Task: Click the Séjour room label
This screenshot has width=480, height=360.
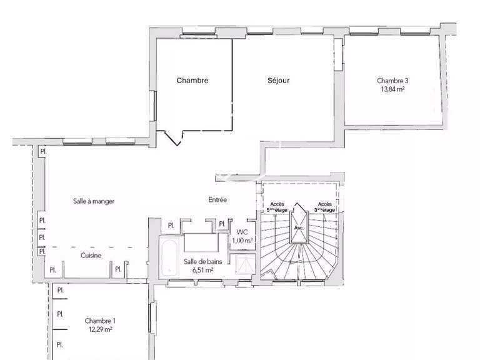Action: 278,81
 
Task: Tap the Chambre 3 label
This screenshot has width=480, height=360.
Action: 392,81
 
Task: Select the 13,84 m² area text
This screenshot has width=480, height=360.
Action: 392,89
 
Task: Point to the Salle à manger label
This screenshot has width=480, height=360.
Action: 93,201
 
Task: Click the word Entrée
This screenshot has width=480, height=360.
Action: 217,200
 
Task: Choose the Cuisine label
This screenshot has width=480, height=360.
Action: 91,256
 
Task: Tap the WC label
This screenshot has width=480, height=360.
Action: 242,231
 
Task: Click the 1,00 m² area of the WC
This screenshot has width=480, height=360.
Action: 242,240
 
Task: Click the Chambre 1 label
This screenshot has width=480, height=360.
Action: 100,321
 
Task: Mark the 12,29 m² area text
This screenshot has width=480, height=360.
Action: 99,329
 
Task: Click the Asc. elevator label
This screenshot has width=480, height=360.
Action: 299,227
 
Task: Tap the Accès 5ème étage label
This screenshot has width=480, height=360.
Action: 277,207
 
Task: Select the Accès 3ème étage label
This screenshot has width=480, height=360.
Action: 326,207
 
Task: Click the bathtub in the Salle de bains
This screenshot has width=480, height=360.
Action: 168,256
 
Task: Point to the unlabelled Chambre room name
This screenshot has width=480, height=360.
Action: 192,81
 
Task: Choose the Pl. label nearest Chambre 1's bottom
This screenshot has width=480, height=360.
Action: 61,344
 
